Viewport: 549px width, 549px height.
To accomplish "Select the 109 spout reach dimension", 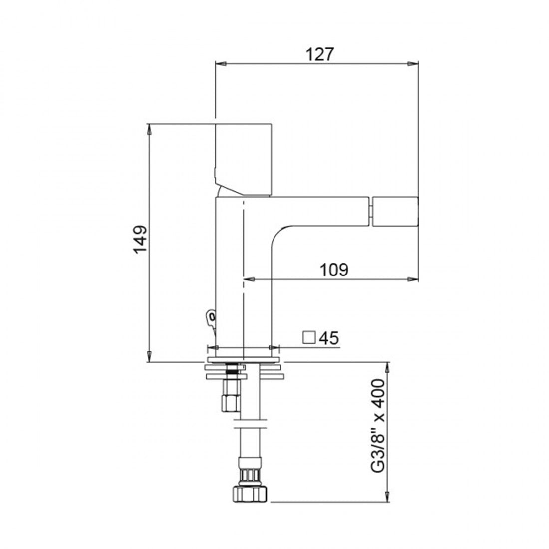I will pyautogui.click(x=334, y=269).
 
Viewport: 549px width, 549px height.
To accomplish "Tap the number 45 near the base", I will pyautogui.click(x=328, y=338).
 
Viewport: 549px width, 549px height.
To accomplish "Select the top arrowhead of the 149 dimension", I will pyautogui.click(x=149, y=129).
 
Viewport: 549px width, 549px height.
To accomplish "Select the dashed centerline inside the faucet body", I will pyautogui.click(x=243, y=274).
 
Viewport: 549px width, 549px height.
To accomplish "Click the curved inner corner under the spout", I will pyautogui.click(x=276, y=235).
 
